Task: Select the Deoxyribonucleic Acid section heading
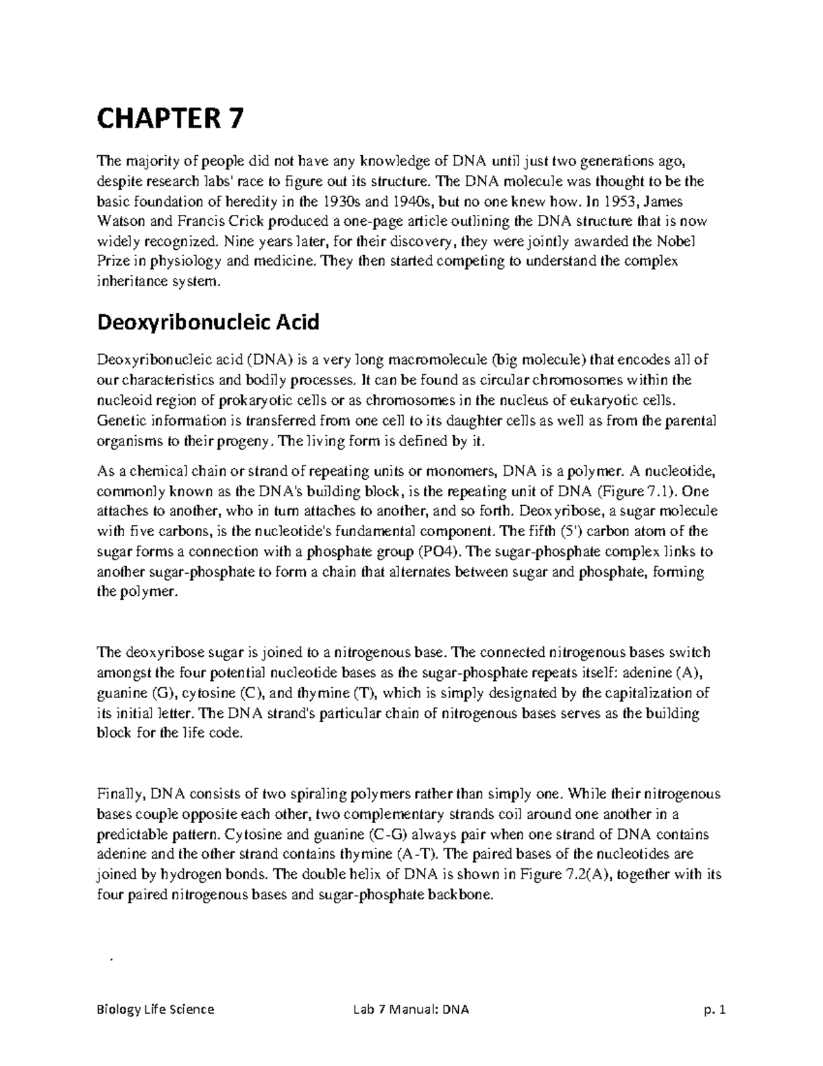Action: click(x=208, y=321)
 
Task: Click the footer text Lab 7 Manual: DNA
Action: click(x=409, y=1009)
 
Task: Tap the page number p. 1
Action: click(x=713, y=1009)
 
